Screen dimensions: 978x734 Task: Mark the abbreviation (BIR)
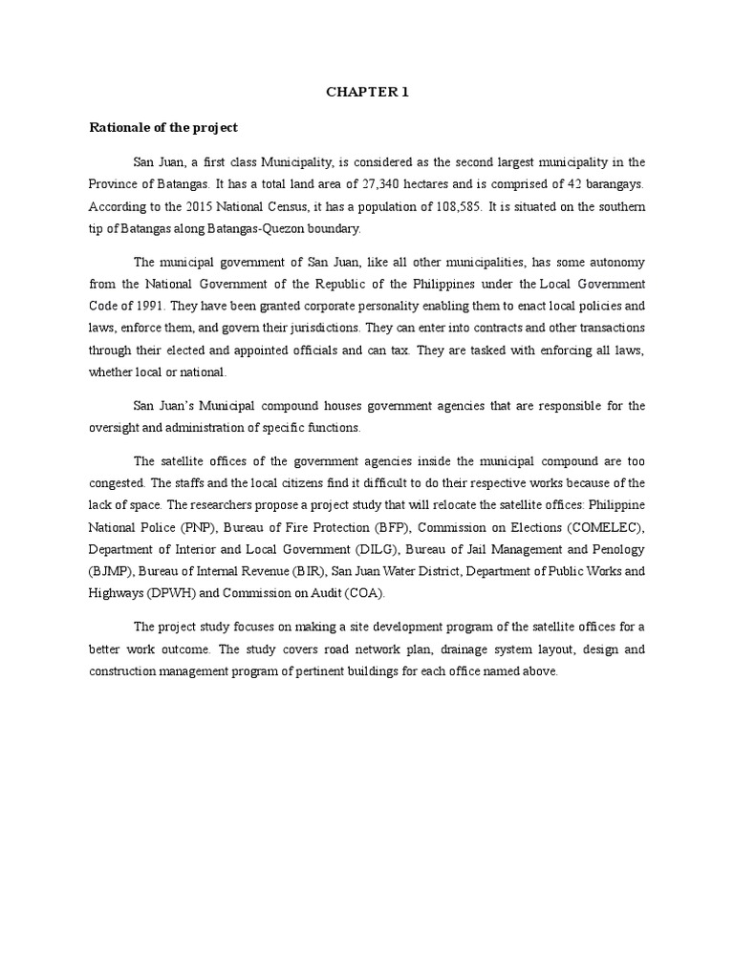point(304,571)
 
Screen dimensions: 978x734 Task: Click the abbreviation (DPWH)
point(169,593)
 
